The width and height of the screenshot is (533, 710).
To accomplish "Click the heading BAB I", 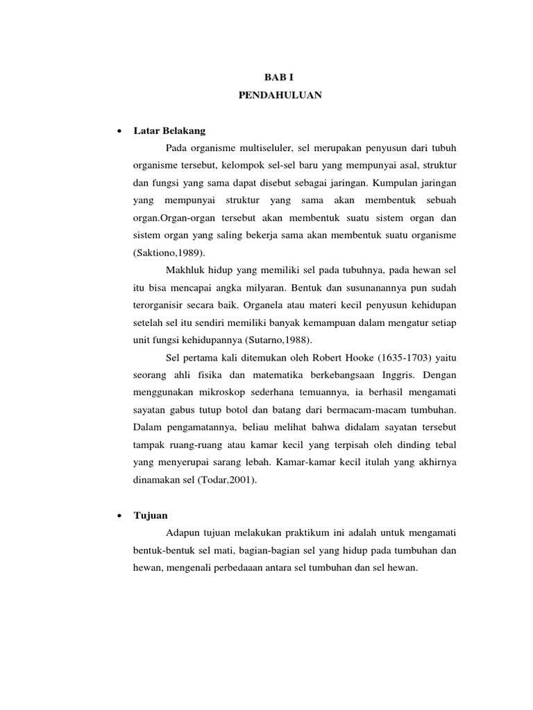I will pyautogui.click(x=280, y=79).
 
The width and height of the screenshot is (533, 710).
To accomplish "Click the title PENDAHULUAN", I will pyautogui.click(x=280, y=96).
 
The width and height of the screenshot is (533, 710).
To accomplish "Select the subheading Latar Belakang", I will pyautogui.click(x=169, y=131).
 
